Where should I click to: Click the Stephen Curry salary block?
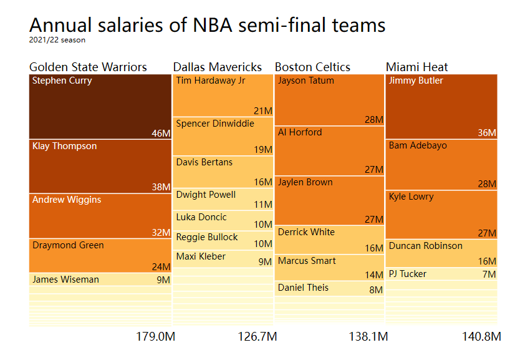coord(100,106)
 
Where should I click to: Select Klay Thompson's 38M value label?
coord(161,187)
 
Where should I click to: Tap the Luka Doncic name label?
coord(201,217)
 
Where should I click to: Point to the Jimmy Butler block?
coord(441,106)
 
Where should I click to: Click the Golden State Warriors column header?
coord(88,67)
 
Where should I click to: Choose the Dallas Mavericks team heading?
coord(218,67)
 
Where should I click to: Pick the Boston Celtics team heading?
coord(312,67)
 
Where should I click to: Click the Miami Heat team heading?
coord(416,67)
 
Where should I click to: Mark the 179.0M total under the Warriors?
coord(155,337)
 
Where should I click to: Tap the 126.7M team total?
coord(257,337)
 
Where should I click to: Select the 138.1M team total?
coord(368,337)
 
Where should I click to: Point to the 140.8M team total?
coord(481,337)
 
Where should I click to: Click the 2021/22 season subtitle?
coord(57,40)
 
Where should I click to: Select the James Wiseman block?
coord(100,280)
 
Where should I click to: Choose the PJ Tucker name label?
coord(408,273)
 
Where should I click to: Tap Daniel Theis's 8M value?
coord(375,289)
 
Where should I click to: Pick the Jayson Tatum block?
coord(329,100)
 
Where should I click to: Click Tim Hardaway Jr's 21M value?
coord(262,111)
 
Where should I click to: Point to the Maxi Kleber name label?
coord(201,256)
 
